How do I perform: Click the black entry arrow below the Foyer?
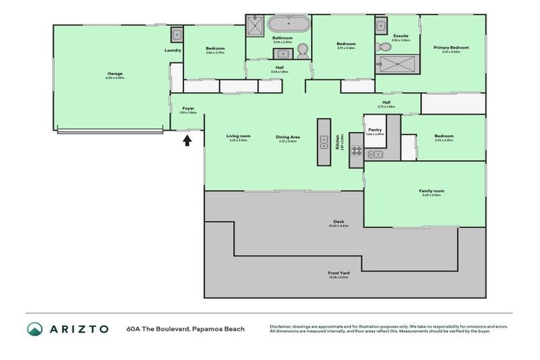187,140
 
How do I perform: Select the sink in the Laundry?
177,34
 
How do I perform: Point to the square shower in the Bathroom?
254,26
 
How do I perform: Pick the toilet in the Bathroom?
303,50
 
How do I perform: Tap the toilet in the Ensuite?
381,47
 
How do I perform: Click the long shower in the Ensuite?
398,65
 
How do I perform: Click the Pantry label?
374,129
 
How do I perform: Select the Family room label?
432,191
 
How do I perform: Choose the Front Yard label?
339,273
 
